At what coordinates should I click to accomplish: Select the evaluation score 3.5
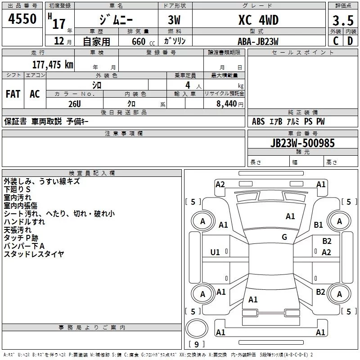(x=342, y=21)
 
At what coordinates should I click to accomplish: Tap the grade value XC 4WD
(x=258, y=20)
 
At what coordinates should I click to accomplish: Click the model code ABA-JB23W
(x=258, y=41)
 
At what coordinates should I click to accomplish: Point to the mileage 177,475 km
(x=53, y=64)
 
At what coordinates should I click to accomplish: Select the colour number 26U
(x=75, y=103)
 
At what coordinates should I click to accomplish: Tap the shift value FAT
(x=13, y=94)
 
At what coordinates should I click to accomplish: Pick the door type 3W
(x=175, y=20)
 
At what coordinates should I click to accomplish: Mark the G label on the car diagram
(x=284, y=237)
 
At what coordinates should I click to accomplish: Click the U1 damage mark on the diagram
(x=215, y=252)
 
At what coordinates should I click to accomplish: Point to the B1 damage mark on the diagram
(x=319, y=225)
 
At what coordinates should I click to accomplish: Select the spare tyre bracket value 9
(x=196, y=345)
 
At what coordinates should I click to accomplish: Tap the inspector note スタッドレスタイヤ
(x=34, y=254)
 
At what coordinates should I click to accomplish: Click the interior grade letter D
(x=350, y=41)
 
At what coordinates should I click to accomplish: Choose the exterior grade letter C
(x=335, y=41)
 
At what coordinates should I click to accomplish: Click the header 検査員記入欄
(x=92, y=173)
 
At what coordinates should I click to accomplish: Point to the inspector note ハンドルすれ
(x=24, y=222)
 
